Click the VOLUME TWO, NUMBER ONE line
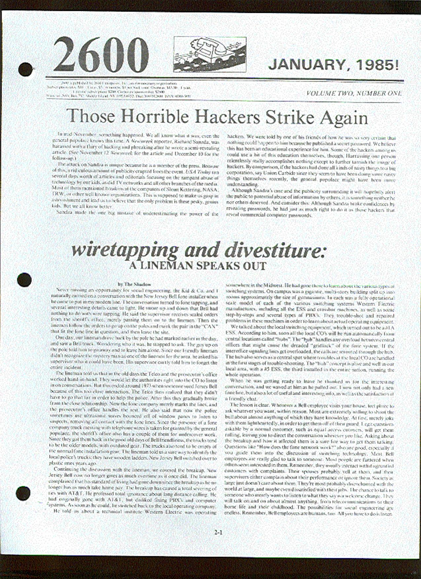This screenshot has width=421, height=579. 354,93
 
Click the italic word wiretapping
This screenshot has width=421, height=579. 124,251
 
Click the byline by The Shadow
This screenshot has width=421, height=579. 134,284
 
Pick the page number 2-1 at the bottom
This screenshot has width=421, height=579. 218,532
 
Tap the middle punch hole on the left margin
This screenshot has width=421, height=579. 24,280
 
